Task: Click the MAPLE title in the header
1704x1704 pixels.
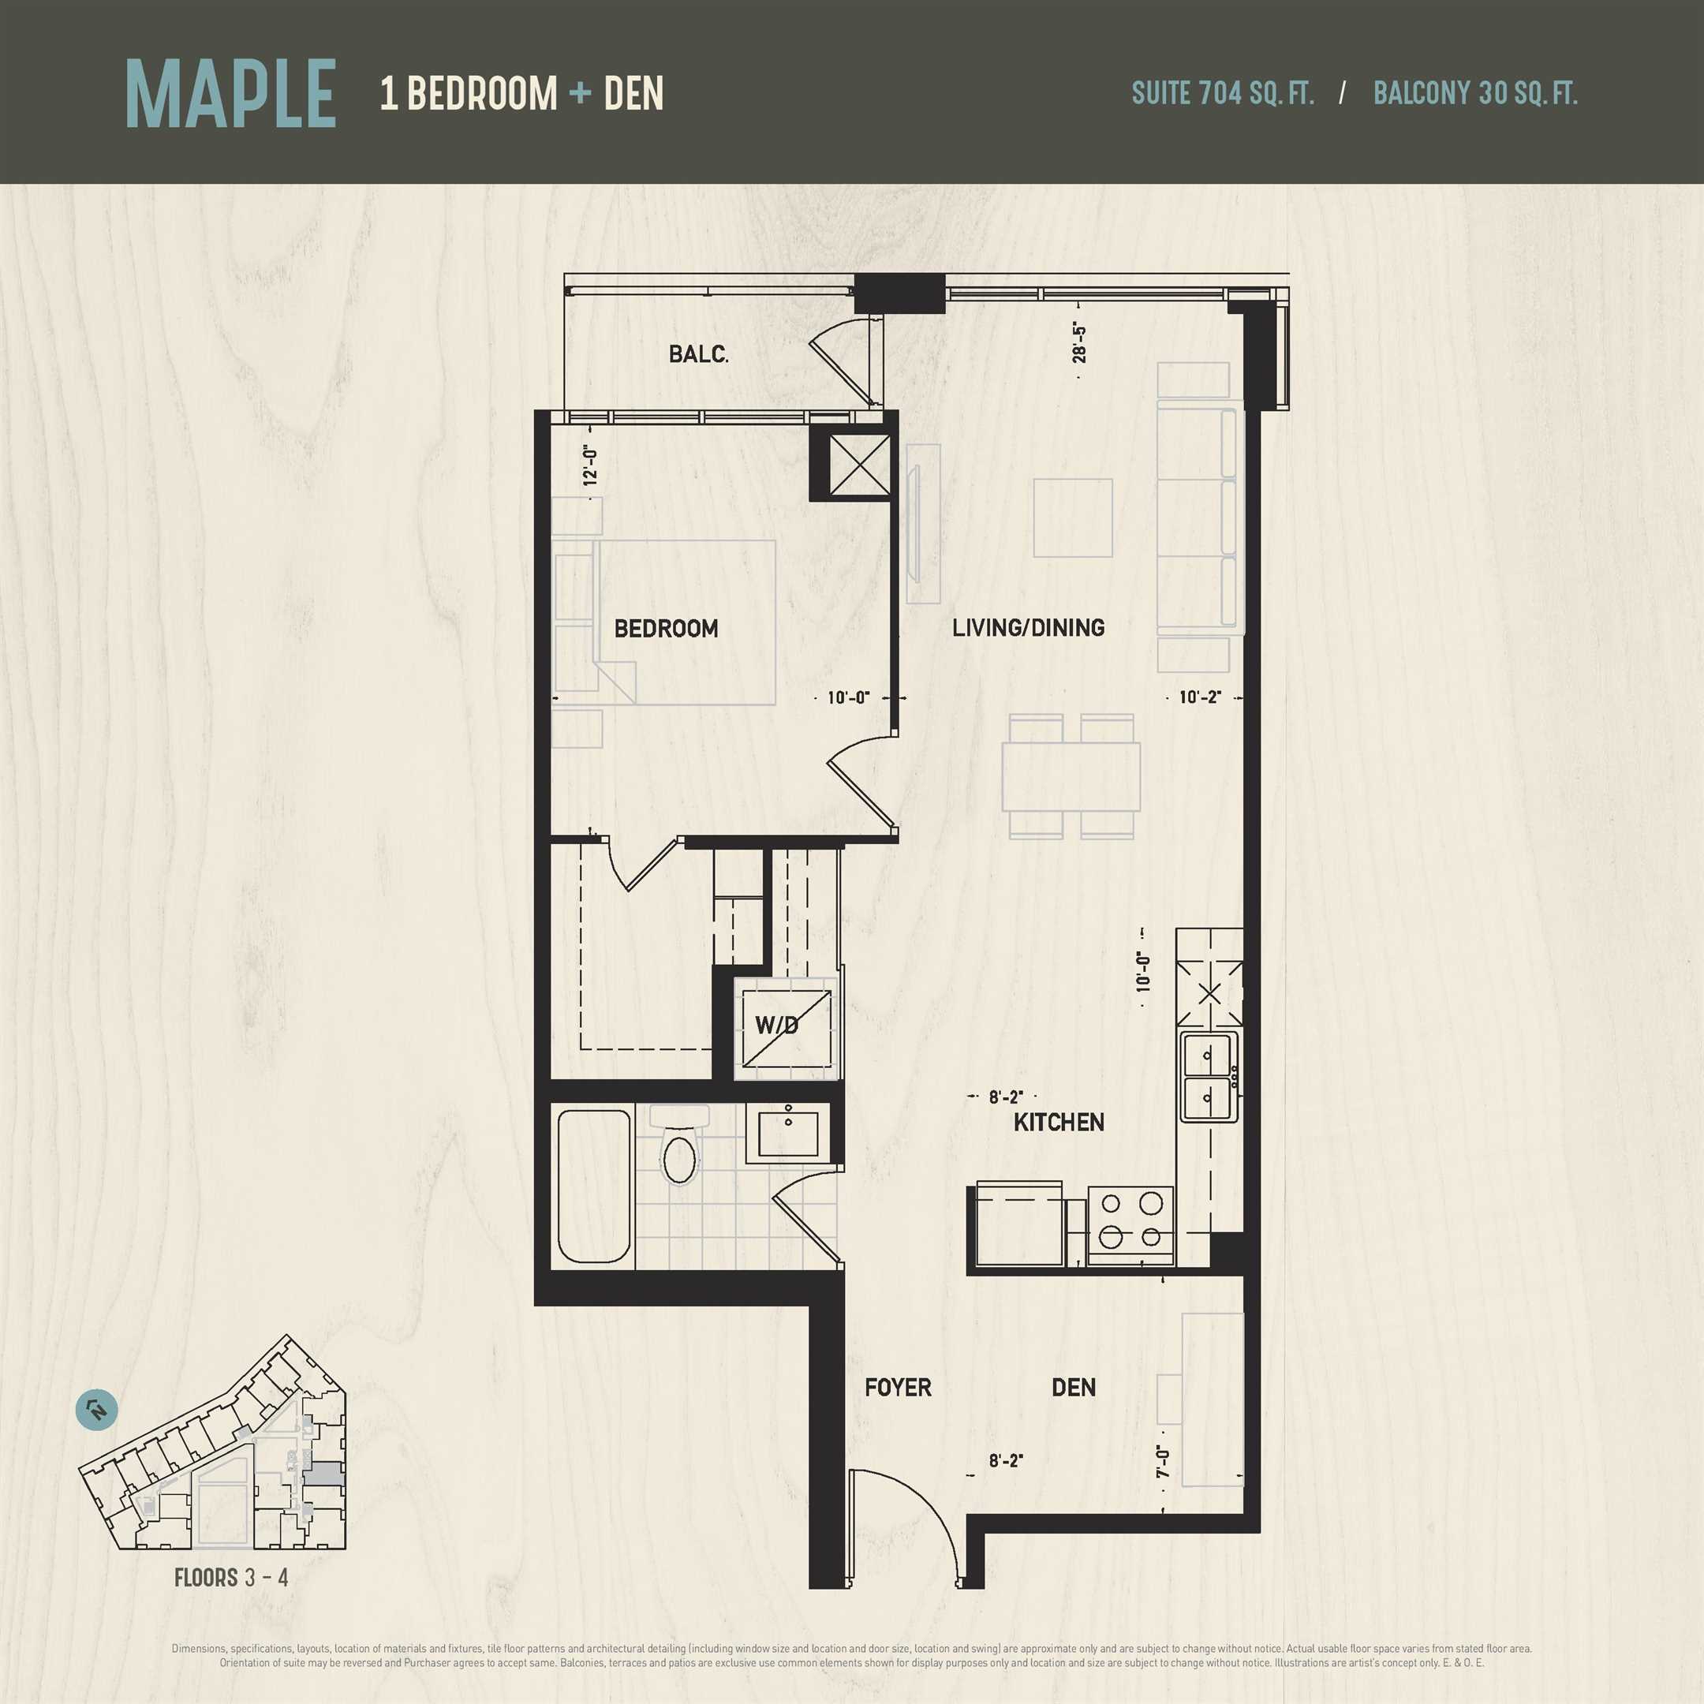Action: [x=231, y=95]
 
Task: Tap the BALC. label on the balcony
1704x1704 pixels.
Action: [x=698, y=354]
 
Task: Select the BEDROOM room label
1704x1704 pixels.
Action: [x=666, y=629]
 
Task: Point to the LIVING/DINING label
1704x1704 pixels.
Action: [x=1029, y=628]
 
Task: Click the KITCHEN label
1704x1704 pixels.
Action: [x=1059, y=1123]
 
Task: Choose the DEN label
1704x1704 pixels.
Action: [x=1074, y=1388]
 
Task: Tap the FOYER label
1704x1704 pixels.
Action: [x=898, y=1388]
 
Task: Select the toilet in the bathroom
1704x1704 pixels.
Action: [x=679, y=1144]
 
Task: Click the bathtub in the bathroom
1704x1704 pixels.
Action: [x=595, y=1187]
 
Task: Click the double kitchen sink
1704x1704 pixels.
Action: [x=1209, y=1077]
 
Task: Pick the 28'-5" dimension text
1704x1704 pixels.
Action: [x=1078, y=343]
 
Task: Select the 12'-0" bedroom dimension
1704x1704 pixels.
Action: [x=590, y=466]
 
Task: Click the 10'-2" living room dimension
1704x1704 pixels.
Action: [x=1199, y=697]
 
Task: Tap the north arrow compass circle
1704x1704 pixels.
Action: [x=97, y=1410]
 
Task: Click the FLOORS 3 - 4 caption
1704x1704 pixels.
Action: [x=231, y=1578]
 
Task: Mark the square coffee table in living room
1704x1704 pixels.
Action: [x=1073, y=518]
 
